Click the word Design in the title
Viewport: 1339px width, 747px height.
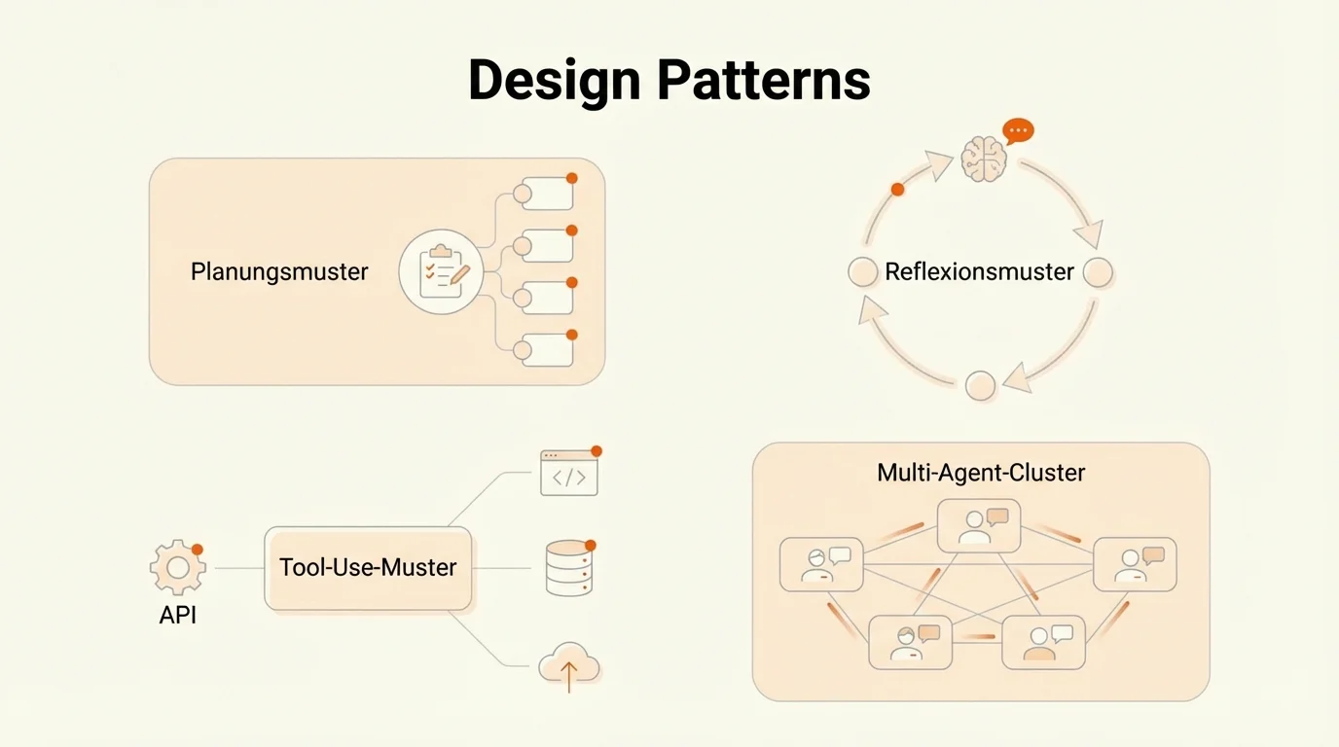pyautogui.click(x=553, y=80)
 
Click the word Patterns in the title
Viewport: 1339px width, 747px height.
pyautogui.click(x=763, y=80)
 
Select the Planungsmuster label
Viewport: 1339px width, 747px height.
pyautogui.click(x=279, y=271)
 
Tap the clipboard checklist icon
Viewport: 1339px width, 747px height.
pyautogui.click(x=442, y=271)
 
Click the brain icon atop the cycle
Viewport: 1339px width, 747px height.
pyautogui.click(x=983, y=158)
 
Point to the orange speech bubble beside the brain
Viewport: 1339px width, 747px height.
pyautogui.click(x=1018, y=130)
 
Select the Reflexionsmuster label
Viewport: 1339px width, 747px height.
pyautogui.click(x=979, y=271)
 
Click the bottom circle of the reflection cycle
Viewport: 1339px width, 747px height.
pyautogui.click(x=980, y=385)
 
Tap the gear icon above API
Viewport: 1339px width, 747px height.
pyautogui.click(x=177, y=567)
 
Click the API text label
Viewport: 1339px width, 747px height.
pyautogui.click(x=178, y=615)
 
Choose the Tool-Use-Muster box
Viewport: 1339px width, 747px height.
pyautogui.click(x=368, y=568)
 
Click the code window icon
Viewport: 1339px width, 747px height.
pyautogui.click(x=569, y=473)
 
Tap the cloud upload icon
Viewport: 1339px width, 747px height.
pyautogui.click(x=569, y=667)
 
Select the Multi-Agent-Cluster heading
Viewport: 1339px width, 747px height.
pyautogui.click(x=981, y=473)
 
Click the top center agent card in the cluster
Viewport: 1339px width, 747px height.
pyautogui.click(x=979, y=526)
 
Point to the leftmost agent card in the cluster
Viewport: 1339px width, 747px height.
pyautogui.click(x=821, y=564)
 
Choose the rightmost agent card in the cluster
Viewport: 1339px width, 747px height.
pyautogui.click(x=1135, y=564)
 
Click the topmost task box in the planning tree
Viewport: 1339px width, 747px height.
pyautogui.click(x=546, y=194)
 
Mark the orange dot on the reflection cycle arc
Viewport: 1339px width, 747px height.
pyautogui.click(x=897, y=190)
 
